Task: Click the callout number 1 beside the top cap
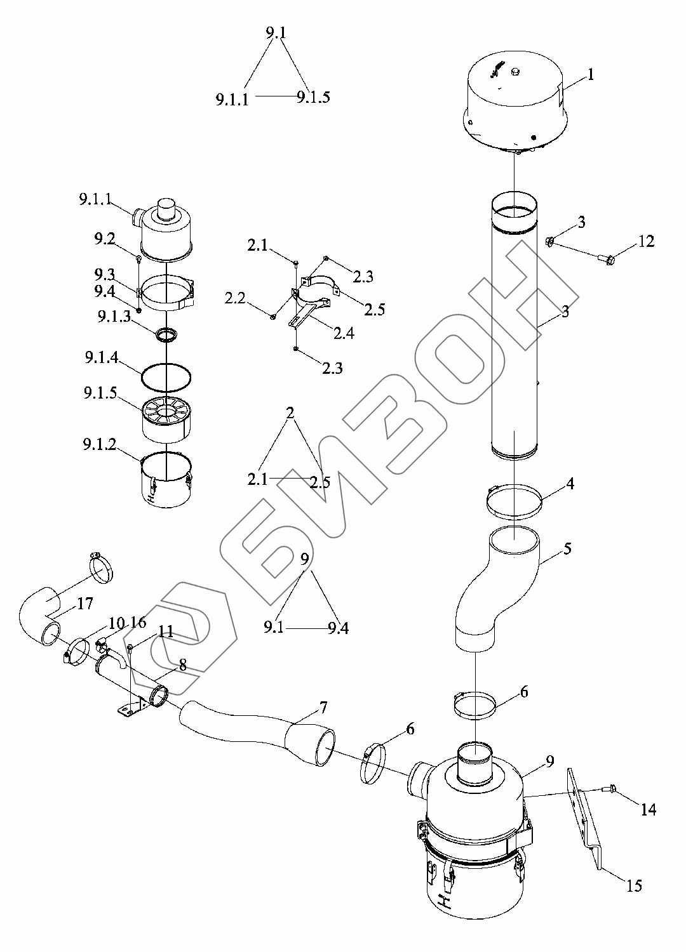pyautogui.click(x=590, y=75)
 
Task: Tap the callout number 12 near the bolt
pyautogui.click(x=645, y=242)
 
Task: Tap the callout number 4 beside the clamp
pyautogui.click(x=570, y=484)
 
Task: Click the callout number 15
pyautogui.click(x=635, y=885)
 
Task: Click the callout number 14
pyautogui.click(x=648, y=809)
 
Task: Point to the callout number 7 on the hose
pyautogui.click(x=323, y=707)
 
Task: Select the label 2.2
pyautogui.click(x=235, y=299)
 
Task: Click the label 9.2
pyautogui.click(x=105, y=239)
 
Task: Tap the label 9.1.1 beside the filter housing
pyautogui.click(x=96, y=200)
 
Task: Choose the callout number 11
pyautogui.click(x=165, y=631)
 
